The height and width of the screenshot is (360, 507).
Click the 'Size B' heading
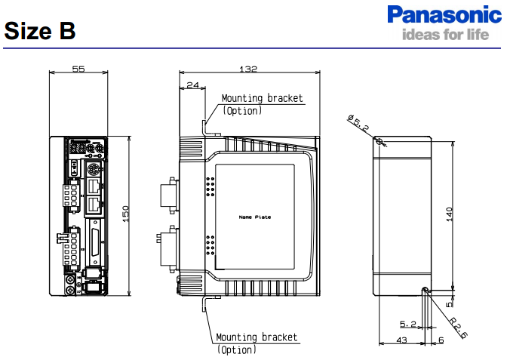coord(39,31)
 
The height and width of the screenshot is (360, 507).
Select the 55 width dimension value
coord(78,69)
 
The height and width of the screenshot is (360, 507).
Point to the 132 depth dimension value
coord(247,69)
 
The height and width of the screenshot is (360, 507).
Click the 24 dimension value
coord(192,85)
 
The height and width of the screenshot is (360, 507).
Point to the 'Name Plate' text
coord(254,217)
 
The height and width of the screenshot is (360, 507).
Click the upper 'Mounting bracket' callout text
coord(262,98)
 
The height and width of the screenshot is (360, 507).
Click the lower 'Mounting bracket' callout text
coord(257,337)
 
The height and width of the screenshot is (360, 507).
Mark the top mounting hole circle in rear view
coord(379,141)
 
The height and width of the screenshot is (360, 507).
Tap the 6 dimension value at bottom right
coord(441,340)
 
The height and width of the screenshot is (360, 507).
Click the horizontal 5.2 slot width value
coord(408,324)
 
